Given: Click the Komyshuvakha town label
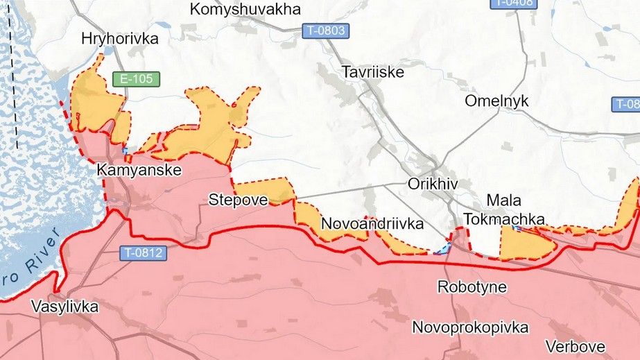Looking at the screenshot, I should point(245,10).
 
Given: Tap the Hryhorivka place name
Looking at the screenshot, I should point(119,39).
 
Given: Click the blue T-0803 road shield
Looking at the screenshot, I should point(325,31).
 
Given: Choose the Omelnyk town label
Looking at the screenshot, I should point(496,101).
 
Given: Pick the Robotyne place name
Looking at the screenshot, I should point(472,286).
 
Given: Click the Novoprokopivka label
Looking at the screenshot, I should point(470,327).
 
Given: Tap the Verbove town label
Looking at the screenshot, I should point(575,346).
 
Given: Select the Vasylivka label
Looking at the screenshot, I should point(64,307).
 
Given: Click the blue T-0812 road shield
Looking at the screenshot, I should point(143,253).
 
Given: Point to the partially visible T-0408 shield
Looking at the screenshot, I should point(514,3).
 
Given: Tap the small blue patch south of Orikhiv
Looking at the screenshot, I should point(442,248).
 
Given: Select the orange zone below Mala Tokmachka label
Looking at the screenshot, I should point(525,245).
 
